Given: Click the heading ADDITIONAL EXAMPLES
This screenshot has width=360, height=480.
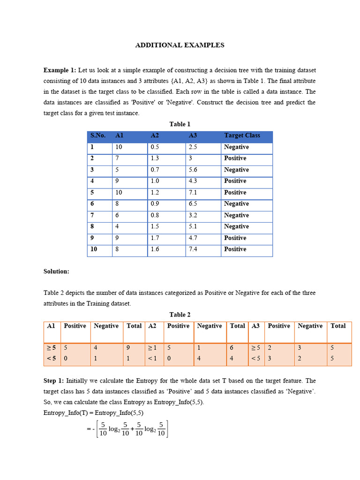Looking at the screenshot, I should coord(180,45).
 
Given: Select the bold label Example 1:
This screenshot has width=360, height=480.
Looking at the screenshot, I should coord(60,70).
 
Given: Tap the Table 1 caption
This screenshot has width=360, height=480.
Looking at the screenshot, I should coord(180,124).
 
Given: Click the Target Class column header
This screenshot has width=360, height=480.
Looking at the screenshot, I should coord(242,135).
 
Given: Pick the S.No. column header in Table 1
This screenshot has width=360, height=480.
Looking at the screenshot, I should coord(98,135).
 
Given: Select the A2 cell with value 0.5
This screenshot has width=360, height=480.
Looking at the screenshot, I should coord(155,147).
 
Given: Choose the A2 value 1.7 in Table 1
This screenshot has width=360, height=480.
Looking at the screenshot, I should coord(155,238).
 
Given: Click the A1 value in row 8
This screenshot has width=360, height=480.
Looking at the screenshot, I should coord(117,226).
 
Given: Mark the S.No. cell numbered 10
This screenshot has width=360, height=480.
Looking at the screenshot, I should coord(94,249).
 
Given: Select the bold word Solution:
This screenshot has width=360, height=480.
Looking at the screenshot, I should coord(56,271).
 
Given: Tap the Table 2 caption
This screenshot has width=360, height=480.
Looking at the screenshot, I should coord(180,315).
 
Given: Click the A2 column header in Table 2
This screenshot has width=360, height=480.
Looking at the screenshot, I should coord(152,326).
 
